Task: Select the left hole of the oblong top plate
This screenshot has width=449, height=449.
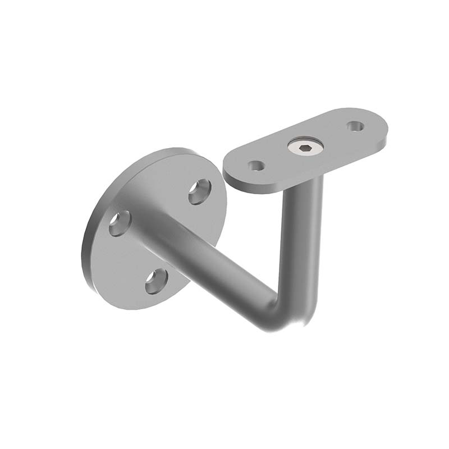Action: click(x=256, y=166)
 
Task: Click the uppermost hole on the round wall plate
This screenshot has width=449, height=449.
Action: click(x=199, y=191)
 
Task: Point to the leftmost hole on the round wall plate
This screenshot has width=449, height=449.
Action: click(x=120, y=223)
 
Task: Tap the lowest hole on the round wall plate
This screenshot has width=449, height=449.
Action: click(x=157, y=281)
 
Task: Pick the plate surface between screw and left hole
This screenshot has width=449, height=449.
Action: click(x=278, y=157)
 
